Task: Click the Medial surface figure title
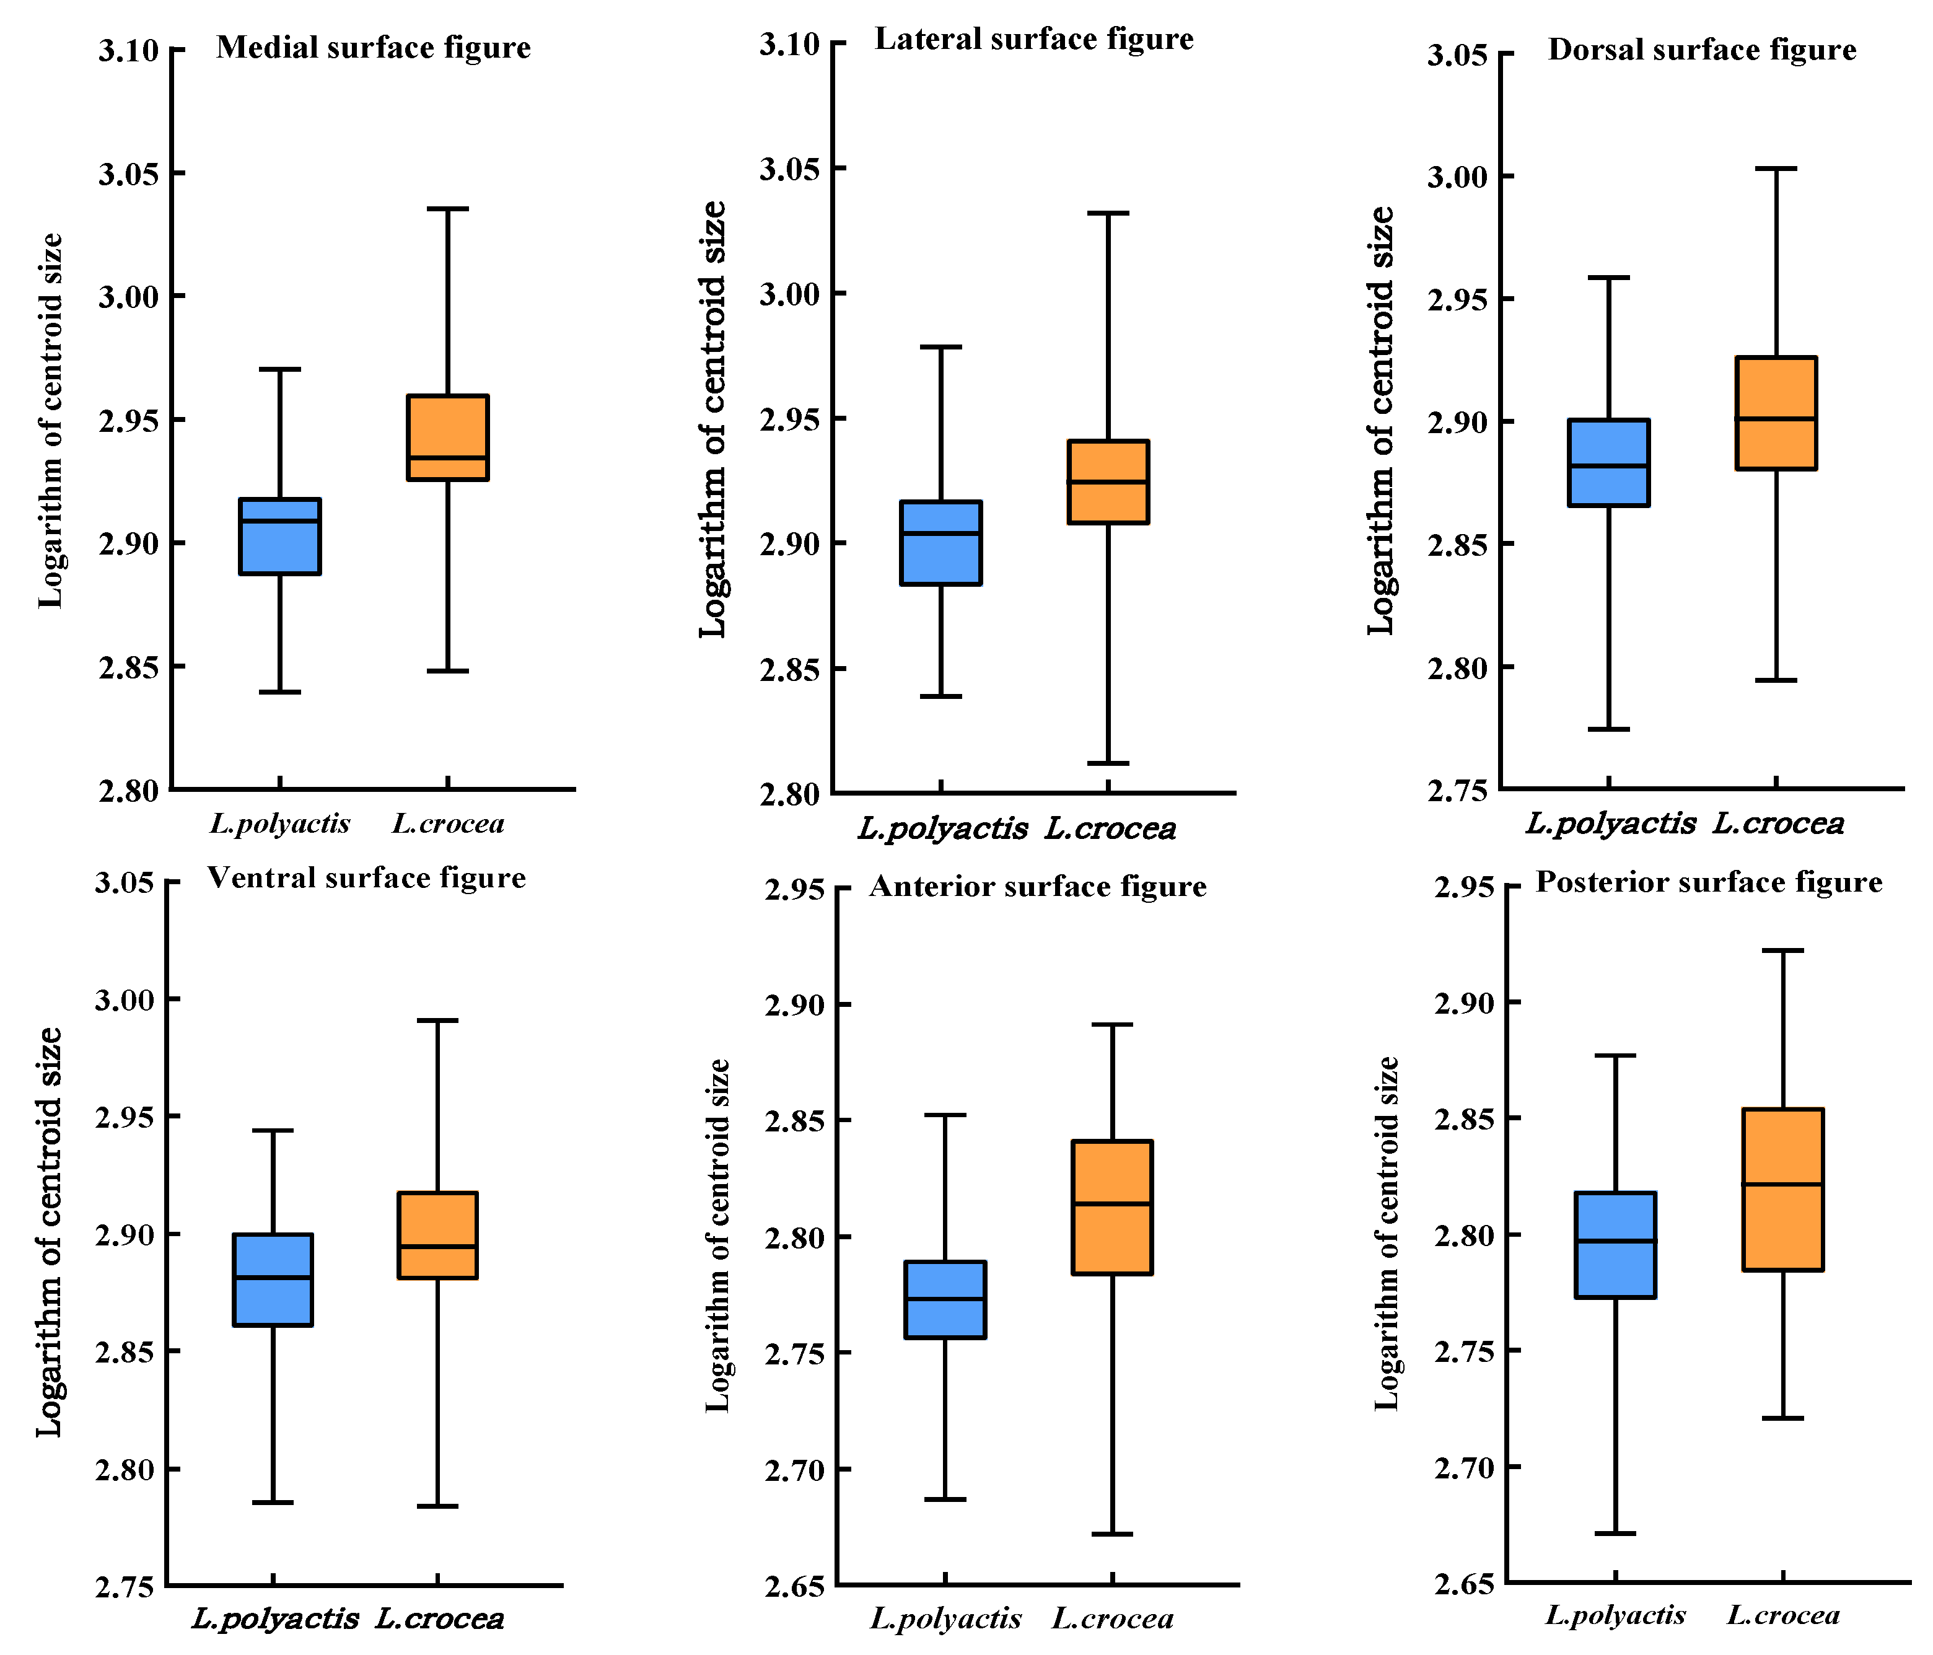point(373,48)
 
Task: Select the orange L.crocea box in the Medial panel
point(448,437)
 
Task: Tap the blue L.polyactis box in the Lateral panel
point(940,543)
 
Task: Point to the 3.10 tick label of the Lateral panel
point(789,44)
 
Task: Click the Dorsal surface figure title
point(1703,50)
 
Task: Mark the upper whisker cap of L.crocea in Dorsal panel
point(1776,169)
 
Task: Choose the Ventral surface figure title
point(367,878)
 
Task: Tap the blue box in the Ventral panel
point(273,1279)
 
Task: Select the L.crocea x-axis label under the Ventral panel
point(439,1618)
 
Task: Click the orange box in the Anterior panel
point(1113,1207)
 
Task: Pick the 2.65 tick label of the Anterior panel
point(795,1587)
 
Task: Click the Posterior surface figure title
point(1709,882)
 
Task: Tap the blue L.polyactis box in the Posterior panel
point(1615,1245)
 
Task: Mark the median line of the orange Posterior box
point(1783,1185)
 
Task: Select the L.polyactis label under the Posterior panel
point(1616,1615)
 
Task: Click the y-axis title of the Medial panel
point(52,421)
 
